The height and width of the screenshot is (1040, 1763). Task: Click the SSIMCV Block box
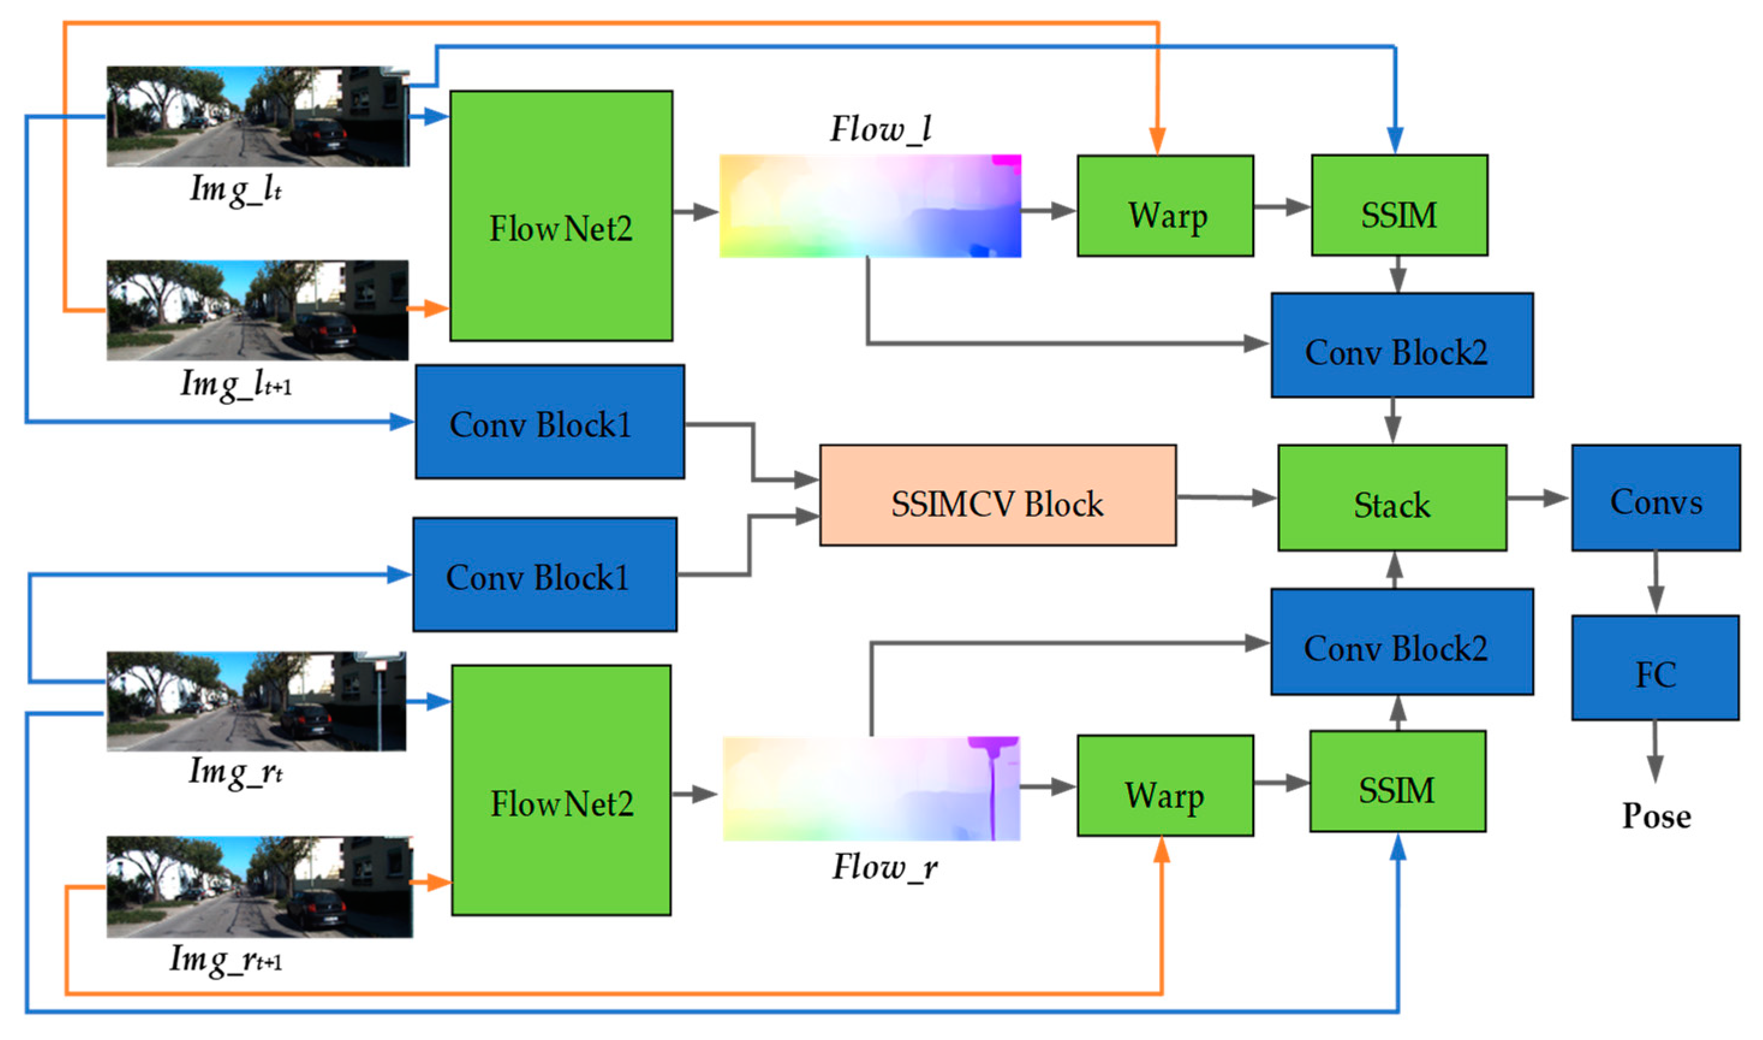click(x=997, y=496)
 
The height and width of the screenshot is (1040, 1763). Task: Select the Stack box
click(x=1392, y=497)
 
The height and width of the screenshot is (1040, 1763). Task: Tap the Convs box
click(x=1655, y=497)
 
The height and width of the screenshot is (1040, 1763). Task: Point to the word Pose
click(x=1656, y=816)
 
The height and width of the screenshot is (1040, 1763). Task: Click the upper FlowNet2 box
click(x=561, y=216)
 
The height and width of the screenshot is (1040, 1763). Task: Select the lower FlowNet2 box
click(x=561, y=790)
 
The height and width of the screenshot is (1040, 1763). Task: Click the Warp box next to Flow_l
click(x=1165, y=206)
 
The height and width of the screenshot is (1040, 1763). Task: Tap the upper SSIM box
click(x=1399, y=205)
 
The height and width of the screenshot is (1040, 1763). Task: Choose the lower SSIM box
click(x=1397, y=782)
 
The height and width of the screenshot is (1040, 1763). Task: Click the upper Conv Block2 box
click(x=1401, y=345)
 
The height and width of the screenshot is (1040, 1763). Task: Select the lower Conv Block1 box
click(x=544, y=574)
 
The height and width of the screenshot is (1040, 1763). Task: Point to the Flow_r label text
click(x=884, y=868)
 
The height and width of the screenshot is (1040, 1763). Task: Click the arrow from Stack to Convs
click(x=1538, y=498)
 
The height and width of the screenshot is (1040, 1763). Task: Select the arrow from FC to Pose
click(x=1655, y=750)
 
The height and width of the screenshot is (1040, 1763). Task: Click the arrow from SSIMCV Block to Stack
click(x=1226, y=497)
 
